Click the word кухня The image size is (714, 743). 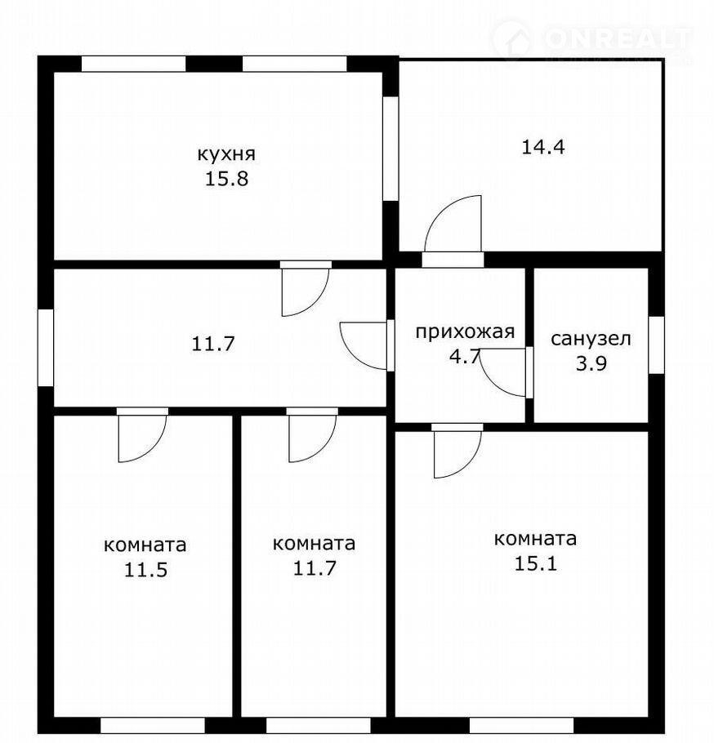coord(226,154)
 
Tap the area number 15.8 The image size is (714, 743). coord(226,179)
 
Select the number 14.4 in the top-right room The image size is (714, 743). coord(543,147)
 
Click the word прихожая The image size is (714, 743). coord(465,331)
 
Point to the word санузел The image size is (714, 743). coord(591,340)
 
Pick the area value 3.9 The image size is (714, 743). coord(591,364)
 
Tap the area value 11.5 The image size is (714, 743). coord(145,570)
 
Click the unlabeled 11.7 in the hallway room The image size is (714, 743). coord(213,344)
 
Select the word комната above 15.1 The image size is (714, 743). coord(535,539)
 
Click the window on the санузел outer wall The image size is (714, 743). coord(656,345)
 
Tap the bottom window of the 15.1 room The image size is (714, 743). coord(521,726)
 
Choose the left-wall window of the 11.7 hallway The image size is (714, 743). coord(46,347)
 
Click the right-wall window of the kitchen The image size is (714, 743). coord(390,149)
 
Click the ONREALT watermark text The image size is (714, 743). coord(616,39)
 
